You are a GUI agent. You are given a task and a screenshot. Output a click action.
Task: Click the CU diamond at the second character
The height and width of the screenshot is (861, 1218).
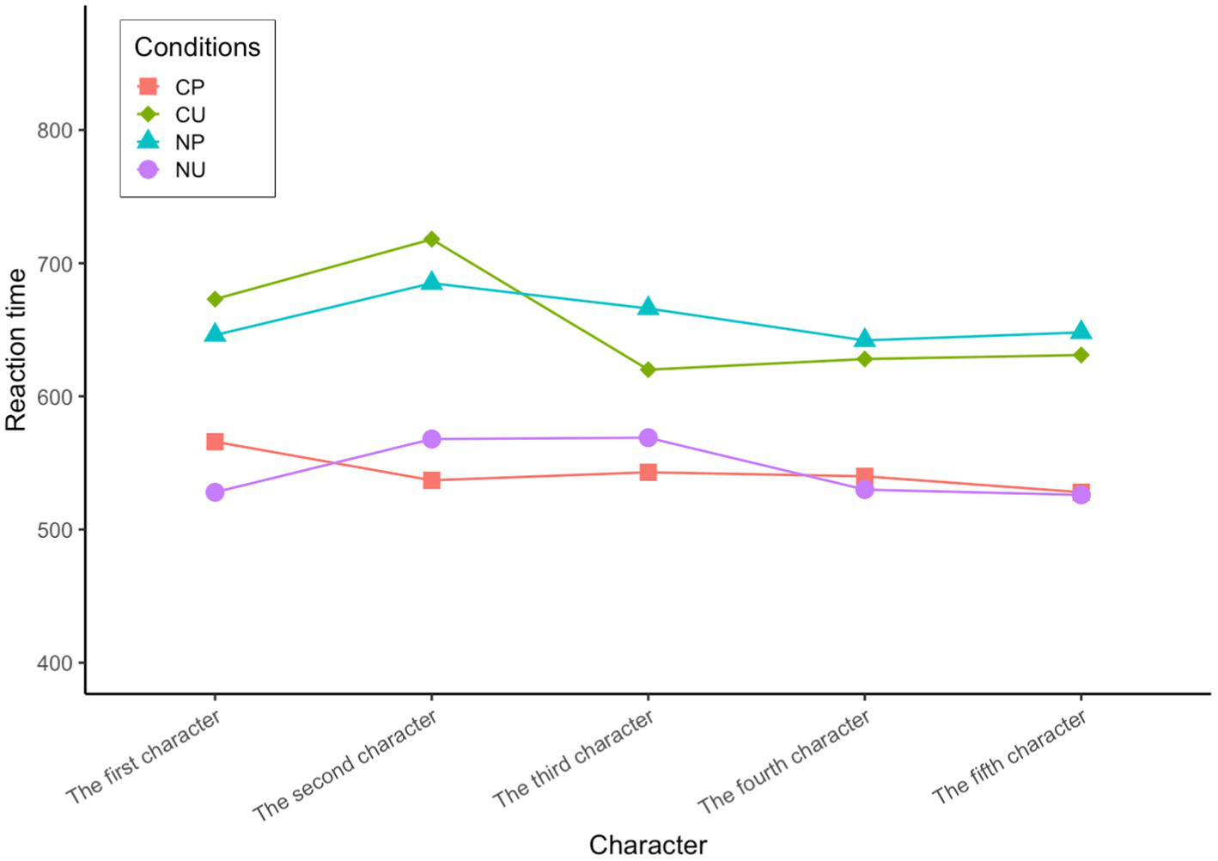pyautogui.click(x=431, y=239)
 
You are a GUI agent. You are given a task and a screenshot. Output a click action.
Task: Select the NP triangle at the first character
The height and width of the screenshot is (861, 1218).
pyautogui.click(x=215, y=333)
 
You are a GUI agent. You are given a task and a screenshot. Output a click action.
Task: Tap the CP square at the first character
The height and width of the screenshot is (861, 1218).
pyautogui.click(x=215, y=442)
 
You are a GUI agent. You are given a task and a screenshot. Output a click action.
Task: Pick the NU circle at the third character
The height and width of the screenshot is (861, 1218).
pyautogui.click(x=648, y=437)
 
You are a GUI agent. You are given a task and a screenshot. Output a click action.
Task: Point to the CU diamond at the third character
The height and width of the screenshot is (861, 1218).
pyautogui.click(x=648, y=369)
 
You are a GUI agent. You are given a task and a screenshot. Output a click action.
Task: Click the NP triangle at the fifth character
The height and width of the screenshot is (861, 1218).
pyautogui.click(x=1081, y=331)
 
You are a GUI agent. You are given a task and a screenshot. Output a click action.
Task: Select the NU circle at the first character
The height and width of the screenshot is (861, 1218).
pyautogui.click(x=215, y=492)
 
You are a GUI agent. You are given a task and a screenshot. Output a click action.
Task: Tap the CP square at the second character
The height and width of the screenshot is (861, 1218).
pyautogui.click(x=431, y=479)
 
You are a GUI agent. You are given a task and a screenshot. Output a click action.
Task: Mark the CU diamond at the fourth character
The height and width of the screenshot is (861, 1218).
pyautogui.click(x=864, y=358)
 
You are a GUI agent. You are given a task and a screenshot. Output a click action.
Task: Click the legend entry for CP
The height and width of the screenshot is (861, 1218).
pyautogui.click(x=189, y=87)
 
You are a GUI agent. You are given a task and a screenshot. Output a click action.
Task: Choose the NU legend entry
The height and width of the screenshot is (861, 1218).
pyautogui.click(x=189, y=169)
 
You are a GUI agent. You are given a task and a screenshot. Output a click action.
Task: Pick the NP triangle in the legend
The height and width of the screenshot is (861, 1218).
pyautogui.click(x=149, y=141)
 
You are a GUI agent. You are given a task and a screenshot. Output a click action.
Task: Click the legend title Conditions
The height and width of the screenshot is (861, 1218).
pyautogui.click(x=197, y=47)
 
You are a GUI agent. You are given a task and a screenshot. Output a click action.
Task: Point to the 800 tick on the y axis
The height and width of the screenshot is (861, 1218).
pyautogui.click(x=55, y=131)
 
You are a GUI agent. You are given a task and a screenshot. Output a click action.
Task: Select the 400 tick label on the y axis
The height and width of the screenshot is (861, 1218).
pyautogui.click(x=55, y=663)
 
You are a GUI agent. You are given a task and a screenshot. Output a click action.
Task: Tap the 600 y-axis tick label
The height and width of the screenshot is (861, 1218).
pyautogui.click(x=55, y=397)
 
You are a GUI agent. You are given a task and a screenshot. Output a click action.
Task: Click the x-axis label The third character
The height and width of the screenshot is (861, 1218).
pyautogui.click(x=574, y=760)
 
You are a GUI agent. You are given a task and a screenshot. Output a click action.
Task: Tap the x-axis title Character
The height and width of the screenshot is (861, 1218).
pyautogui.click(x=648, y=845)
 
